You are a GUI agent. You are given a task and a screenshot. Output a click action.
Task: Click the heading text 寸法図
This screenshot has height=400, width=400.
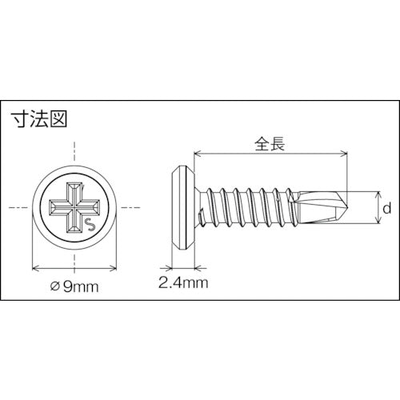coord(39,120)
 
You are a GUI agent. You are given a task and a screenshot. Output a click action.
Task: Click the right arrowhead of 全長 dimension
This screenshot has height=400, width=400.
coord(346,154)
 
